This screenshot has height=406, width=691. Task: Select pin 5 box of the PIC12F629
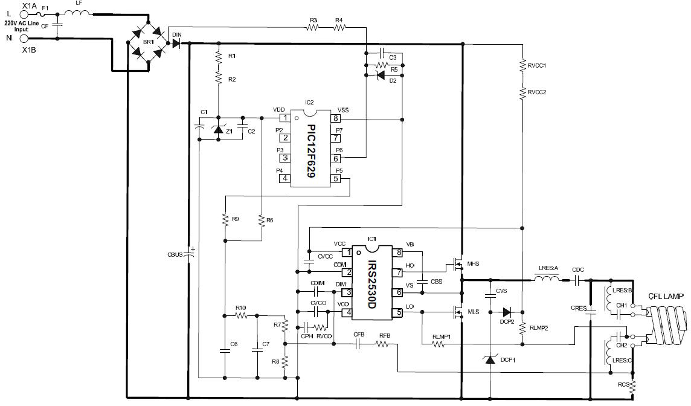(x=336, y=178)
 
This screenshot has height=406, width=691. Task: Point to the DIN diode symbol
(x=176, y=43)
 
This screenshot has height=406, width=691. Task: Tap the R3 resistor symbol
(x=313, y=28)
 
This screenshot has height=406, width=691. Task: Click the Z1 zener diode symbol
(x=219, y=129)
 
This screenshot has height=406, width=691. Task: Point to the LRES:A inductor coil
(x=547, y=280)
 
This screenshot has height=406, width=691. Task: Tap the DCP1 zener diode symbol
(x=490, y=360)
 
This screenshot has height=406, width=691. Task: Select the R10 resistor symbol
(x=241, y=315)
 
